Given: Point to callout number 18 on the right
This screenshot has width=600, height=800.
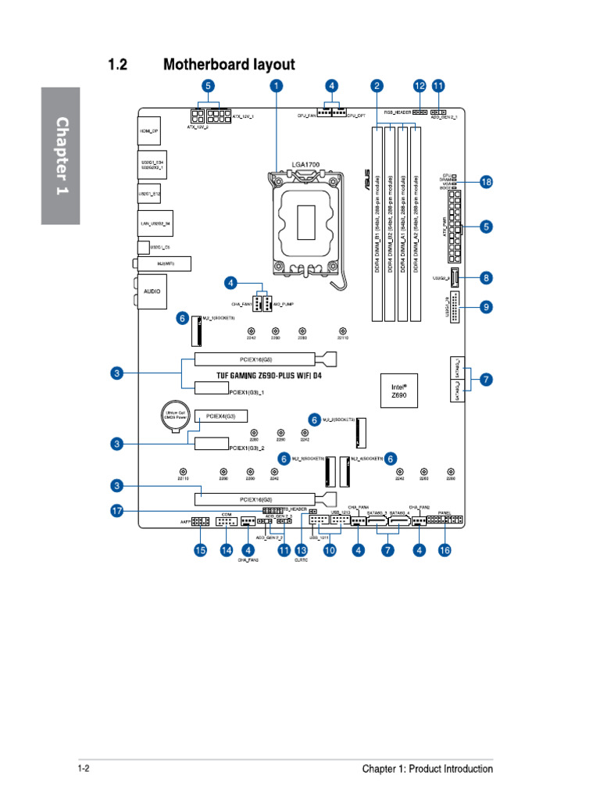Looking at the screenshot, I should coord(486,182).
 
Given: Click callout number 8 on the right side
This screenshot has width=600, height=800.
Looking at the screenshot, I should coord(486,277).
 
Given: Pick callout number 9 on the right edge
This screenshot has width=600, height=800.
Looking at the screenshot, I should coord(486,307).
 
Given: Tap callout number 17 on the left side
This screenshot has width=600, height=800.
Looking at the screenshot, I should coord(116,510).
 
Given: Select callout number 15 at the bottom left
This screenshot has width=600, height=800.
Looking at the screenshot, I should coord(200,551).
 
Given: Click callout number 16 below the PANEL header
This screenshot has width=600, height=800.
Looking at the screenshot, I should coord(445,551).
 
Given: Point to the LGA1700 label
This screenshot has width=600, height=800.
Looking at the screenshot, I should coord(305,165).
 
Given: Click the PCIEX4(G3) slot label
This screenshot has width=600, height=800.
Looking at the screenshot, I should coord(220,416).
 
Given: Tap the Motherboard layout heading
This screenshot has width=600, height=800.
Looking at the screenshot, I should coord(229,65).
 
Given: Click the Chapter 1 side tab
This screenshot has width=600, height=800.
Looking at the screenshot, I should coord(61,155).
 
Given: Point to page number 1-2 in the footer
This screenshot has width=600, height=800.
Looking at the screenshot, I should coord(84,769).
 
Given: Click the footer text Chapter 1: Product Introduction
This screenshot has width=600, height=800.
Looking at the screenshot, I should coord(427,769).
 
